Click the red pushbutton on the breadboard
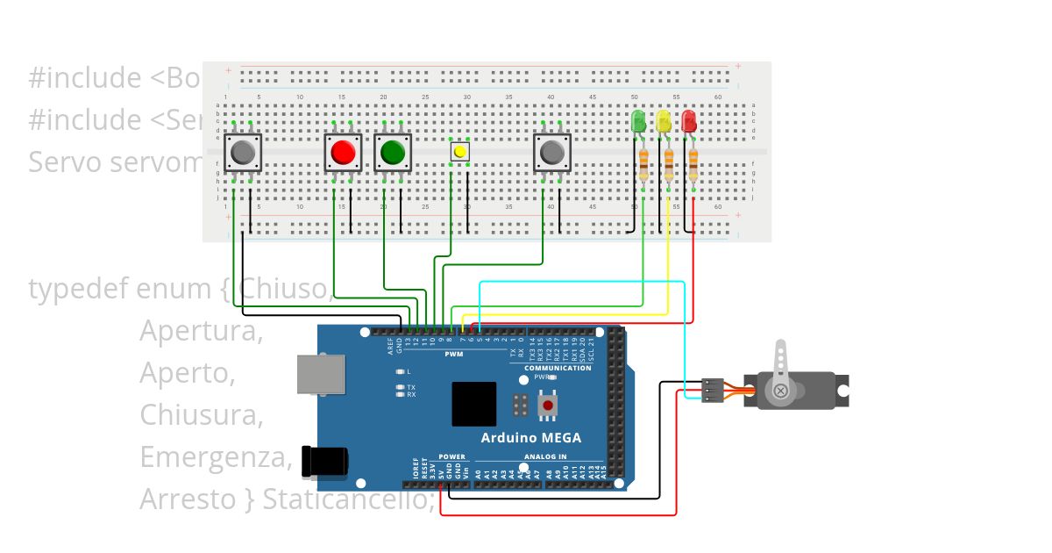(x=342, y=153)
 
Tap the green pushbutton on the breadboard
(x=393, y=153)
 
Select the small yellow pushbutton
(x=459, y=152)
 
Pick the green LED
(x=638, y=120)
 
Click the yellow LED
(x=664, y=120)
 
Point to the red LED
(x=689, y=120)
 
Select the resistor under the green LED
(x=644, y=164)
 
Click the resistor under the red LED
(x=693, y=164)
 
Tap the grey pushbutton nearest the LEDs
(x=552, y=153)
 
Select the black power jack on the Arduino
(x=323, y=462)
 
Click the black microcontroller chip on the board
(x=473, y=404)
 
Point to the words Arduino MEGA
(x=530, y=438)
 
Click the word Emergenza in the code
(x=214, y=457)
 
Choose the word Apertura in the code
(x=201, y=331)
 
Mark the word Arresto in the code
(x=188, y=499)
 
